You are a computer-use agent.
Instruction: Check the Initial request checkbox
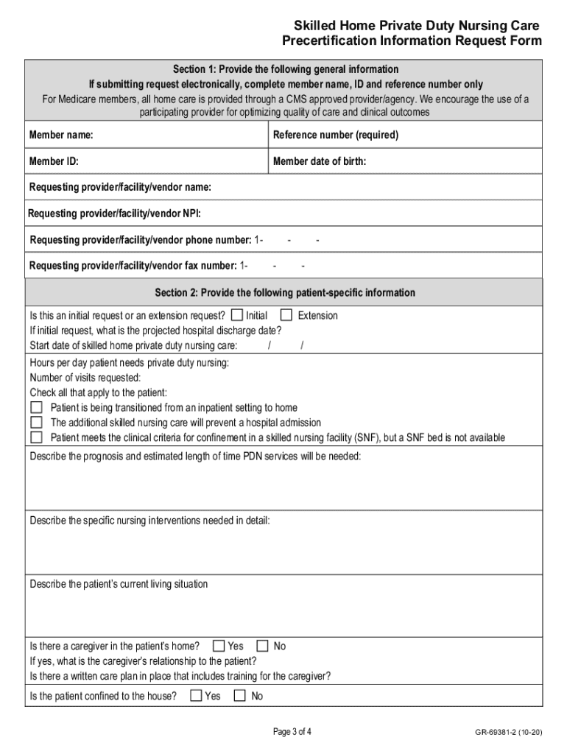237,315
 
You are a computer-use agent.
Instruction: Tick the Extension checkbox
286,315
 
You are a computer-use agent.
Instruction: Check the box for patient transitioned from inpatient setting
36,407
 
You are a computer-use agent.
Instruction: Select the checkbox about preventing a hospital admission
36,423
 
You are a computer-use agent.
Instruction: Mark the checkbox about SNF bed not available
36,437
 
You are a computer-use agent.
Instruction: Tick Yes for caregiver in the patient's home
219,646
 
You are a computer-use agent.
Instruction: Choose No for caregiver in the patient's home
263,646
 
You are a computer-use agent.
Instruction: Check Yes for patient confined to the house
196,695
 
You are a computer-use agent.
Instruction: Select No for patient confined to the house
240,695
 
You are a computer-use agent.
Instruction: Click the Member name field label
60,135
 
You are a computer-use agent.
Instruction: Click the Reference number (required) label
335,135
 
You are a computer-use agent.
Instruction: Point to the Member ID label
54,161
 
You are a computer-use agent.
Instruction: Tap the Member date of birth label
319,161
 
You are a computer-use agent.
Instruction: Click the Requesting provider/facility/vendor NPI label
114,214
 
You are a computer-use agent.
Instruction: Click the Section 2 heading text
284,292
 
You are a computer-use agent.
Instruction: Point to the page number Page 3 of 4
292,732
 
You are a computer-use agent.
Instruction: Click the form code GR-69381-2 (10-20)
509,733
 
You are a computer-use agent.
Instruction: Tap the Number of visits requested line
85,377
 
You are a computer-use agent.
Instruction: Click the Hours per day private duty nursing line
129,362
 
